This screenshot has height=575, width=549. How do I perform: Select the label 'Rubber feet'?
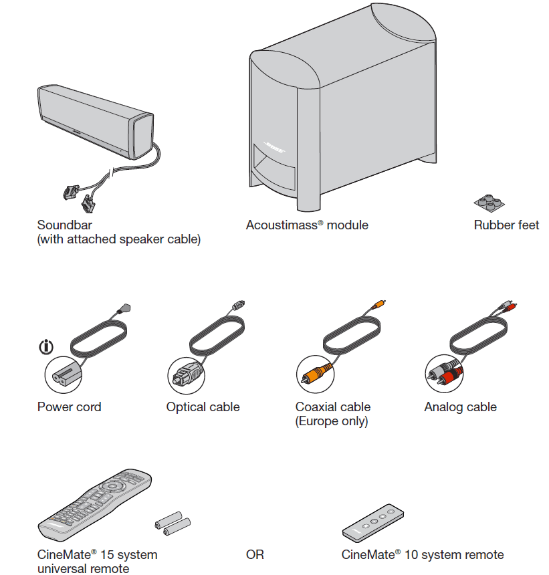[x=506, y=225]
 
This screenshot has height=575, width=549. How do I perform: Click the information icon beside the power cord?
[x=46, y=347]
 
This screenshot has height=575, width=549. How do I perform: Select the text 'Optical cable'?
[x=203, y=407]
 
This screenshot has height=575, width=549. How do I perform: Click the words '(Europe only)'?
[x=332, y=421]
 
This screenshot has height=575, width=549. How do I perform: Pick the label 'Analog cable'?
[x=460, y=407]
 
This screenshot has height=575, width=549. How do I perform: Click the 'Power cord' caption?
[x=70, y=407]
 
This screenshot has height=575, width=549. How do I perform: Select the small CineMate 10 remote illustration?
[x=374, y=522]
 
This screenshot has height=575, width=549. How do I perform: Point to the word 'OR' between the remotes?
[x=255, y=555]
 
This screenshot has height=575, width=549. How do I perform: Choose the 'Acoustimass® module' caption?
[x=307, y=225]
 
